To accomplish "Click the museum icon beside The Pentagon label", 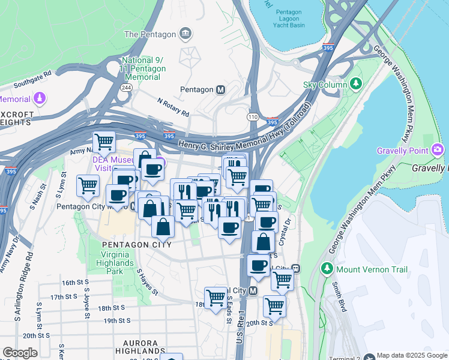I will point(185,34).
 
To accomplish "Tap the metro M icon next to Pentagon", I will point(221,89).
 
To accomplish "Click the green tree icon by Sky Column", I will point(357,84).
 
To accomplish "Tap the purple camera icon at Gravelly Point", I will point(438,149).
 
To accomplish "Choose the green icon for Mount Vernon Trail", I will point(328,267).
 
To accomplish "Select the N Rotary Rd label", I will point(173,108).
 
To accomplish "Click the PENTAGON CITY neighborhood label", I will point(137,245).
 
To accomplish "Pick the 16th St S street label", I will point(75,282).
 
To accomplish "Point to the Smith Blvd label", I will point(341,304).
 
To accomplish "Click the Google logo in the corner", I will point(20,353).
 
